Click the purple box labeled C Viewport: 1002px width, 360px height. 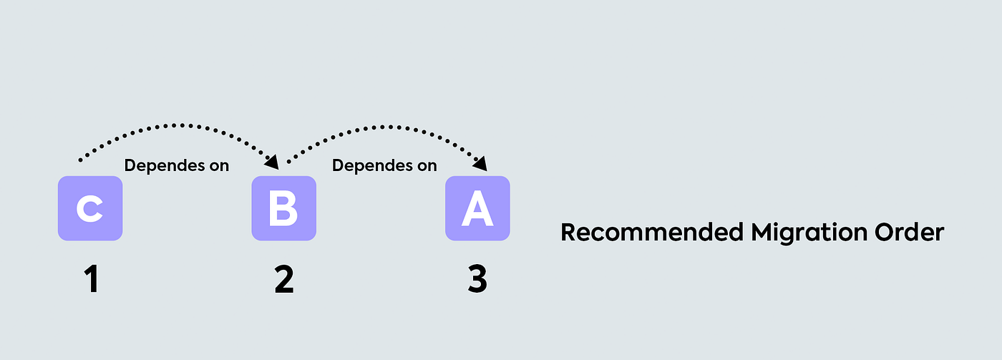click(90, 208)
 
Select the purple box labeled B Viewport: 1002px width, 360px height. click(283, 208)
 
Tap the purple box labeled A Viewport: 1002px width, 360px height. click(477, 208)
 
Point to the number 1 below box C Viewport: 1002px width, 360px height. click(91, 280)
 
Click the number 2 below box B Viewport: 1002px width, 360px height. click(283, 280)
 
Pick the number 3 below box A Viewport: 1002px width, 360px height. click(477, 280)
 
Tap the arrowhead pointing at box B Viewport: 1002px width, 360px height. click(272, 163)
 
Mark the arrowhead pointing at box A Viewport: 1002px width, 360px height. click(480, 163)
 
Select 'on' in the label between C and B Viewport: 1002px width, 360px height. click(218, 165)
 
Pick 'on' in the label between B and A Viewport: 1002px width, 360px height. click(426, 165)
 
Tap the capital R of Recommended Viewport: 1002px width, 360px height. click(568, 233)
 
